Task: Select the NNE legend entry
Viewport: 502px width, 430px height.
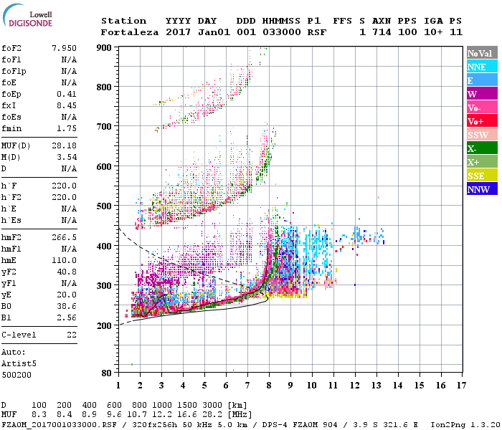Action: (481, 67)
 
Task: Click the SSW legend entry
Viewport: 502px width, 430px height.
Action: (481, 135)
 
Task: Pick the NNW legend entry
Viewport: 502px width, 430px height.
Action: (481, 189)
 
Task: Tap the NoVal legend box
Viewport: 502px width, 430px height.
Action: (481, 53)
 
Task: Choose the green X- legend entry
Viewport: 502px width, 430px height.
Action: (481, 148)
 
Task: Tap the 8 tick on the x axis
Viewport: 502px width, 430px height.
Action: (269, 385)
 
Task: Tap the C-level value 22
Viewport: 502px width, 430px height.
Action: (71, 335)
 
